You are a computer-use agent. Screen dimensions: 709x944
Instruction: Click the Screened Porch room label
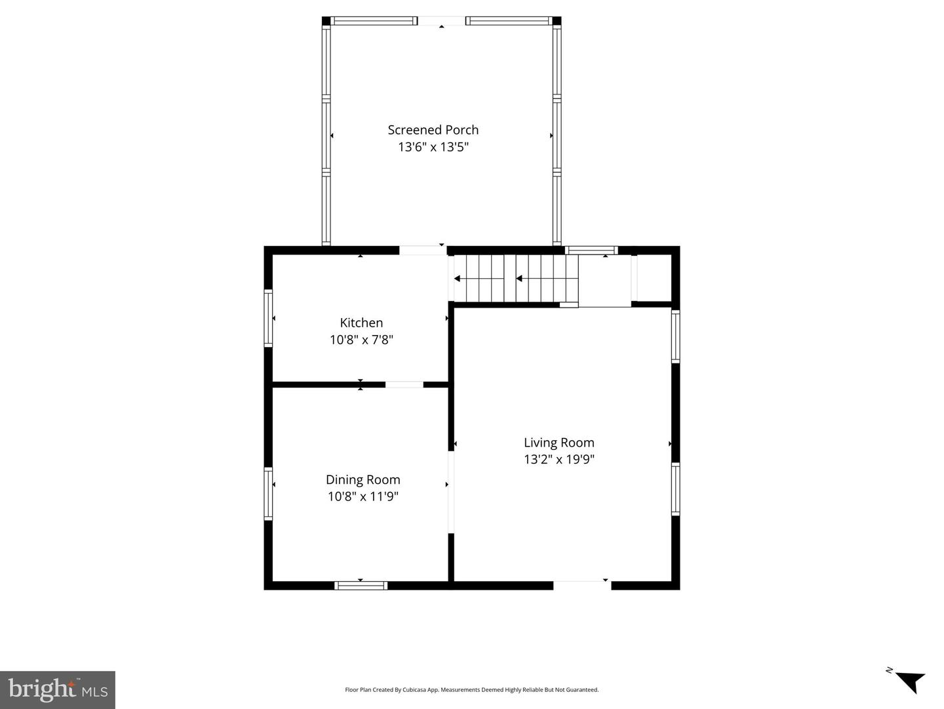(x=433, y=130)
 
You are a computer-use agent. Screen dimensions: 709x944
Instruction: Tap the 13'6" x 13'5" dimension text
(x=433, y=147)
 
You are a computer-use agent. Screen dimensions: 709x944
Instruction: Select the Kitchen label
(x=361, y=323)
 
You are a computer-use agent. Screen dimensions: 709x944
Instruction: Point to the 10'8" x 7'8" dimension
(x=361, y=340)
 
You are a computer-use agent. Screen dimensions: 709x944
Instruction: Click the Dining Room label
(x=363, y=479)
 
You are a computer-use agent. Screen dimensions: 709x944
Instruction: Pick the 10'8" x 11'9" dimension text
(x=363, y=496)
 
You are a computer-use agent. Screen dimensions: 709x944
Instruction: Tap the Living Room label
(x=559, y=443)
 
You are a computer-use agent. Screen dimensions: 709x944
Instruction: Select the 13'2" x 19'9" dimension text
(x=559, y=459)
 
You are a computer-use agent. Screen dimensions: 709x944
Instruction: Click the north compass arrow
(x=908, y=681)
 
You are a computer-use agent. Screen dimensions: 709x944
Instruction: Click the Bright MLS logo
(x=58, y=690)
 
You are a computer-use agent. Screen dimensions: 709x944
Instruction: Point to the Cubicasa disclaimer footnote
(x=471, y=690)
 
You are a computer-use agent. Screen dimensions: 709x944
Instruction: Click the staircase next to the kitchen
(x=516, y=279)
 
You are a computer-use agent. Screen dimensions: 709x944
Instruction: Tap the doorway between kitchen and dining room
(x=404, y=384)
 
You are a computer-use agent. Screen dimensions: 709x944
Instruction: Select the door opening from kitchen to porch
(x=423, y=250)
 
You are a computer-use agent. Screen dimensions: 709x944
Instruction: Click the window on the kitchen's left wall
(x=268, y=318)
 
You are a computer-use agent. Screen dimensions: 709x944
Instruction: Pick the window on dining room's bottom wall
(x=361, y=585)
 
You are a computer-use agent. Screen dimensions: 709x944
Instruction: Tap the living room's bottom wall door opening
(x=582, y=585)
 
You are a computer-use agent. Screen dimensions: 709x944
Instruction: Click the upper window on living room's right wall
(x=675, y=336)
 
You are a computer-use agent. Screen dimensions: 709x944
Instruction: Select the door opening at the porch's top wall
(x=441, y=21)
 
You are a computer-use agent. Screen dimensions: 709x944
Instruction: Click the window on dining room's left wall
(x=268, y=493)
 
